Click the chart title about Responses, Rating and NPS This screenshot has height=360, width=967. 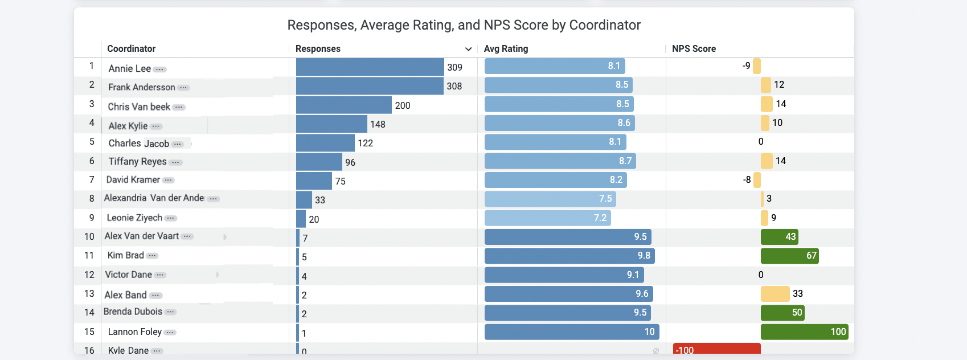[x=464, y=25]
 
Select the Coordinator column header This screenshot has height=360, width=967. [x=132, y=49]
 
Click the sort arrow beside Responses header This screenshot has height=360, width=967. [x=468, y=49]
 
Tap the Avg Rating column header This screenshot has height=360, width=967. [x=506, y=49]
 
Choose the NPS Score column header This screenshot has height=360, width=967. [x=694, y=49]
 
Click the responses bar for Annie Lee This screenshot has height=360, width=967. [x=370, y=67]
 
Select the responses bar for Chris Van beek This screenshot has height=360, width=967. [x=343, y=105]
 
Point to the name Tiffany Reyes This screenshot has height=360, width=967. [x=137, y=162]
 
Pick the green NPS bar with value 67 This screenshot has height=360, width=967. [x=789, y=256]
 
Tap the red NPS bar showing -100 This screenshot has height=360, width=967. [x=716, y=349]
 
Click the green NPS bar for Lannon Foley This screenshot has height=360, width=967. [x=804, y=332]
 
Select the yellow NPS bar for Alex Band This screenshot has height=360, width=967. [x=775, y=294]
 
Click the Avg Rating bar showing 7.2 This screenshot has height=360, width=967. [x=547, y=218]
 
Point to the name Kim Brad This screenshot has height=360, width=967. [x=125, y=256]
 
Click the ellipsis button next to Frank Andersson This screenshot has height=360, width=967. [x=183, y=88]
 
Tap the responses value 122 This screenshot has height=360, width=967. [x=366, y=143]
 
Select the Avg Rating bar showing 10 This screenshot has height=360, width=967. [x=571, y=332]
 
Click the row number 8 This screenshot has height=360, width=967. [x=92, y=199]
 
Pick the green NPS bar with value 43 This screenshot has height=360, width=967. [x=779, y=237]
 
